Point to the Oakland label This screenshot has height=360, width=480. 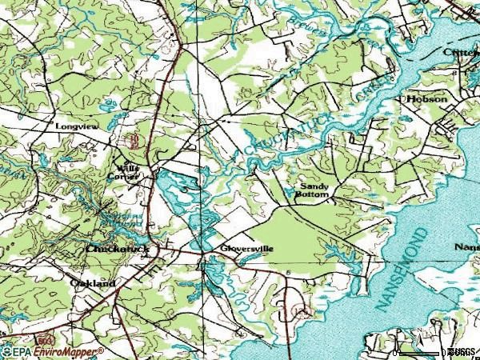[x=93, y=283]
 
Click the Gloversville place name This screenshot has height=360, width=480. [x=248, y=249]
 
